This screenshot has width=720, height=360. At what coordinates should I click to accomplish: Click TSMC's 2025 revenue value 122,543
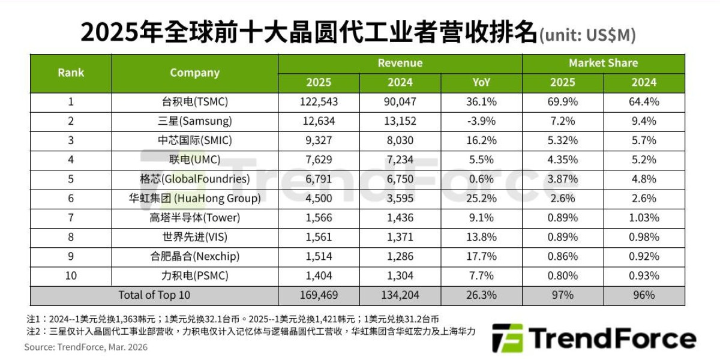coord(318,101)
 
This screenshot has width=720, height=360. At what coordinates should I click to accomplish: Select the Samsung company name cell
coord(194,121)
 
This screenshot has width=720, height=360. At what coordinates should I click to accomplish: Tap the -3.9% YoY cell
coord(481,121)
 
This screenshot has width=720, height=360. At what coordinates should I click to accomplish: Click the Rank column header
coord(71,73)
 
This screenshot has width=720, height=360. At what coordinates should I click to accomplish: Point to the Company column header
coord(194,73)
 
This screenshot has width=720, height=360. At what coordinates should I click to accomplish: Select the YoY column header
coord(481,82)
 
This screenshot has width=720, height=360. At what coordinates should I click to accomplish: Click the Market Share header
coord(603,63)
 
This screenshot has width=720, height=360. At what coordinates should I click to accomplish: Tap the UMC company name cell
coord(194,160)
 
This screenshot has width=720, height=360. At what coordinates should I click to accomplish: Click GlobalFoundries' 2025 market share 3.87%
coord(562,179)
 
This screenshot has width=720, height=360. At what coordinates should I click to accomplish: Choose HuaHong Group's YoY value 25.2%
coord(481,198)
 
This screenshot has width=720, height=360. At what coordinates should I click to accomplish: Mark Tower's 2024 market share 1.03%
coord(644,218)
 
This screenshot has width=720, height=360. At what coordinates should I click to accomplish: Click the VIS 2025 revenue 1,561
coord(318,237)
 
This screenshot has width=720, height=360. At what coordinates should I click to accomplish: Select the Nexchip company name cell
coord(194,256)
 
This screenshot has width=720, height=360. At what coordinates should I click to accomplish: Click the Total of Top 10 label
coord(154,295)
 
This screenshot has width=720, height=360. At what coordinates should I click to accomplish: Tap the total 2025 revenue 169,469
coord(318,295)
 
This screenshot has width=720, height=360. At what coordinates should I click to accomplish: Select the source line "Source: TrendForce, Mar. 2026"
coord(86,347)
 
